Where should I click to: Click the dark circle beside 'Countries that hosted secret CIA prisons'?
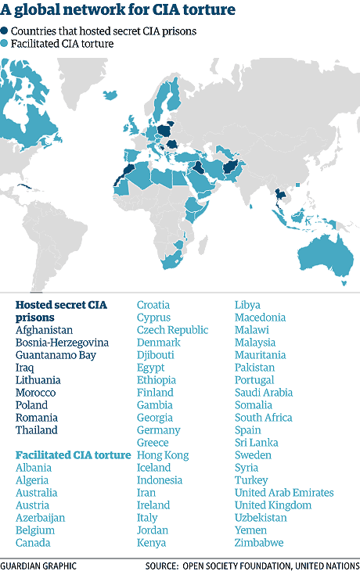6,31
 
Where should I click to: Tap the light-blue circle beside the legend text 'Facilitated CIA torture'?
6,44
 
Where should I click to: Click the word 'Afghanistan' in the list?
44,330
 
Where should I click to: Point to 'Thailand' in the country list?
37,430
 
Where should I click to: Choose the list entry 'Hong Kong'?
163,455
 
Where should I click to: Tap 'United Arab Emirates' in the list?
284,493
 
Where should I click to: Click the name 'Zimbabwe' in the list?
259,543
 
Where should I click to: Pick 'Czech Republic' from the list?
172,330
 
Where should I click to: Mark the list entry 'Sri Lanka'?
257,443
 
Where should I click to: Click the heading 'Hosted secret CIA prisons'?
61,311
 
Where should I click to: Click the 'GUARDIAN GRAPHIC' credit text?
38,563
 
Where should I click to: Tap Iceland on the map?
111,95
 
